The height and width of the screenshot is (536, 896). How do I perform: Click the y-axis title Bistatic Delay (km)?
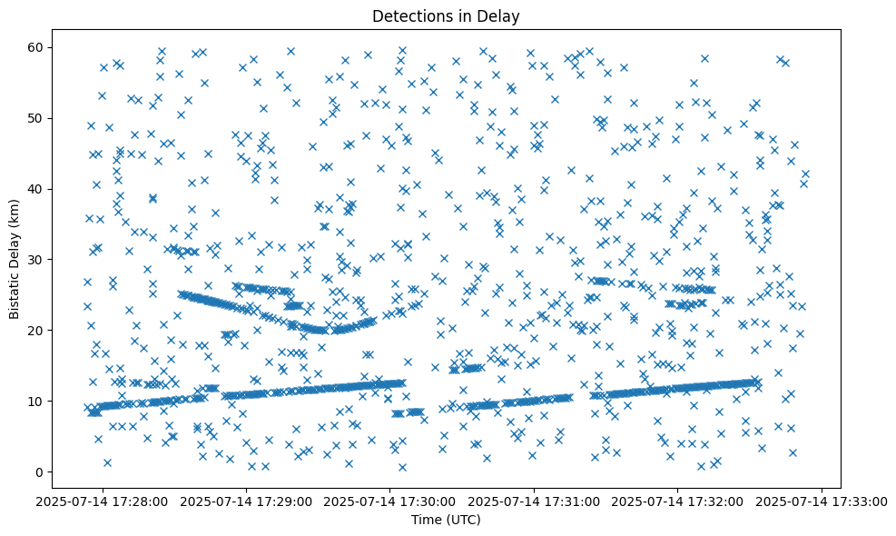pyautogui.click(x=15, y=258)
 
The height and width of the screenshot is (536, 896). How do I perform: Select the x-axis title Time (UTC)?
pyautogui.click(x=445, y=521)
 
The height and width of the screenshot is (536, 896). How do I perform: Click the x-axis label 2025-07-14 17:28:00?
pyautogui.click(x=103, y=501)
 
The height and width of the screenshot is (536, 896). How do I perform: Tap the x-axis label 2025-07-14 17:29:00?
pyautogui.click(x=246, y=501)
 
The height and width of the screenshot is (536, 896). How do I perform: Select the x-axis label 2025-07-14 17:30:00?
pyautogui.click(x=390, y=501)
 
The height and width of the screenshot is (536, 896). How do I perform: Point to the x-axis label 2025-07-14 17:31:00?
pyautogui.click(x=535, y=501)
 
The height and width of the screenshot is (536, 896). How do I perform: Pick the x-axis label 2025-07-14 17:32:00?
pyautogui.click(x=678, y=501)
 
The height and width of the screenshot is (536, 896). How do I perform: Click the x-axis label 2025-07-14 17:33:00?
pyautogui.click(x=822, y=501)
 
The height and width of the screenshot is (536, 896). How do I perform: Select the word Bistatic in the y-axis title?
pyautogui.click(x=15, y=290)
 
